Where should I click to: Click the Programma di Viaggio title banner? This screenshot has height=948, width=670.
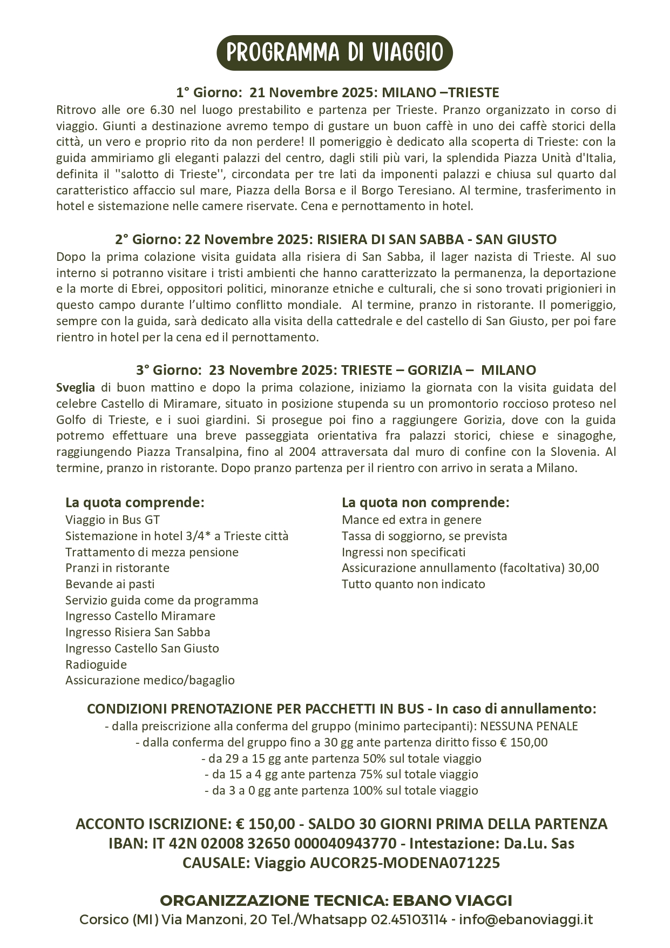(334, 53)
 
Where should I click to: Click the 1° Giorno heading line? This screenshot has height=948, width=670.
(337, 92)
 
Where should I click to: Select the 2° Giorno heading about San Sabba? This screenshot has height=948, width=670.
(335, 239)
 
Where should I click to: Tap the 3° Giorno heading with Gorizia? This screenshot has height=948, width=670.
(336, 370)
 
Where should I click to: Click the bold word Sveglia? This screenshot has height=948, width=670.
(75, 387)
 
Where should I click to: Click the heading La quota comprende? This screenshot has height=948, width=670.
(134, 502)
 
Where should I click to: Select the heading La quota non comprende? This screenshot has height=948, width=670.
(425, 502)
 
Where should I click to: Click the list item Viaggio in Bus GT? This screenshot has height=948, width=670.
(112, 520)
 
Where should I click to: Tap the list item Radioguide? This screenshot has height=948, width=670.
(96, 664)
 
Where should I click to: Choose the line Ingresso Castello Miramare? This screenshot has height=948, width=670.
(140, 616)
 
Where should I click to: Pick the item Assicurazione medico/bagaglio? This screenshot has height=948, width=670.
(150, 680)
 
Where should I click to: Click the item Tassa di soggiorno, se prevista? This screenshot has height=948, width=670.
(424, 536)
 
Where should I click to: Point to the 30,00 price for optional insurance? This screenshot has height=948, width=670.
(584, 568)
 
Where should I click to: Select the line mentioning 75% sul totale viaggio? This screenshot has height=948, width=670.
(341, 774)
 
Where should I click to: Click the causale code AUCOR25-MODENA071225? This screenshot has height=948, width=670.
(405, 863)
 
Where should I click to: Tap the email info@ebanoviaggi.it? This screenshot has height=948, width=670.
(526, 919)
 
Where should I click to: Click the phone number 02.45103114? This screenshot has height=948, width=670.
(409, 919)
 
